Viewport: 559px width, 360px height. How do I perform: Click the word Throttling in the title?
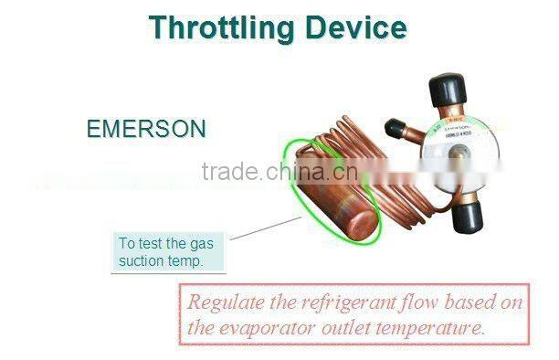[222, 27]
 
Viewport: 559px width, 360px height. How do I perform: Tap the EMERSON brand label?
[146, 129]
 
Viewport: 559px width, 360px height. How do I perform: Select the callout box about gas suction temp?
[171, 252]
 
